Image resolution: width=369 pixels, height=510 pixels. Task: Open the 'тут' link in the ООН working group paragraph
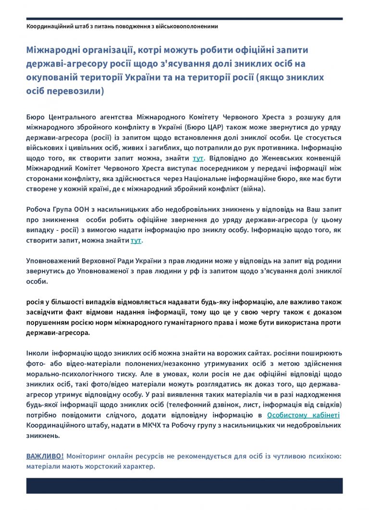click(136, 240)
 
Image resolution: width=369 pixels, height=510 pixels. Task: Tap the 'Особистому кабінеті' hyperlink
click(303, 415)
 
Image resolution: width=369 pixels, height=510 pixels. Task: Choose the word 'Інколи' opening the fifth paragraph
click(37, 353)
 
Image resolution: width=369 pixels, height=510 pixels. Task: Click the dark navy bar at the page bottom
click(184, 485)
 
